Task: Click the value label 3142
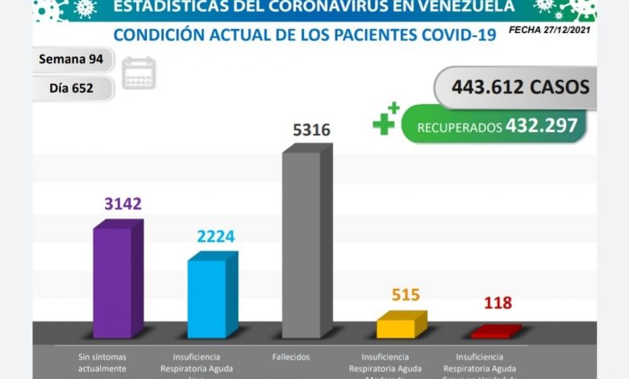point(123,203)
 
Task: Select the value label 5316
point(311,130)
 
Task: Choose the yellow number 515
point(405,294)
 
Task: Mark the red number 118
point(498,303)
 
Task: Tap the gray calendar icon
point(139,73)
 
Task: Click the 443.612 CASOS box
point(516,86)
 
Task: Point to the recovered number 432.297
point(541,126)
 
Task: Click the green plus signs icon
point(385,119)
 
